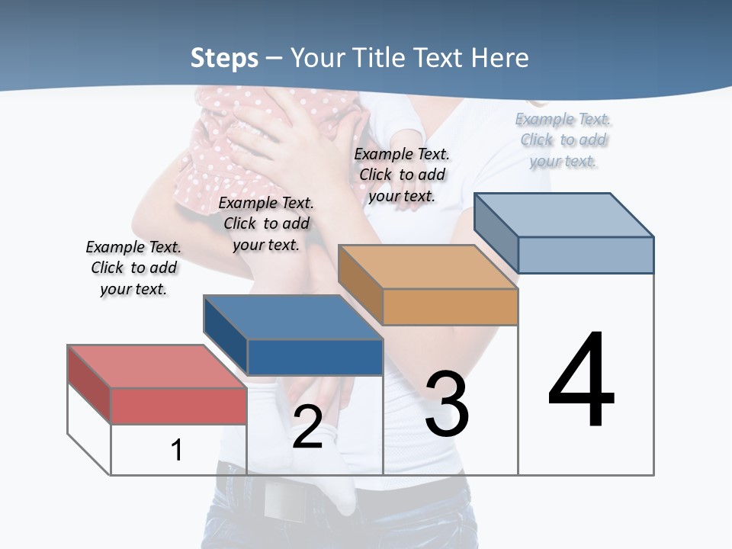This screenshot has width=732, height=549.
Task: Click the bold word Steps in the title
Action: coord(224,58)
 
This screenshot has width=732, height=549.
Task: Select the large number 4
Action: coord(581,380)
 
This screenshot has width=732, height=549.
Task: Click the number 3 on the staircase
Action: coord(447,405)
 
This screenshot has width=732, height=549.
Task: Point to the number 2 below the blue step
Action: coord(307,427)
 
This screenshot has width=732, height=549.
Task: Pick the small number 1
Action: coord(177,451)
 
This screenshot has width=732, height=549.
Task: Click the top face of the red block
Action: coord(156,366)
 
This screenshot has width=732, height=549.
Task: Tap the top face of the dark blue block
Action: coord(292,317)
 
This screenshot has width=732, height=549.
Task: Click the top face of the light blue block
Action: coord(563,215)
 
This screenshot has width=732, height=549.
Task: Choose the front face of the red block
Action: coord(178,406)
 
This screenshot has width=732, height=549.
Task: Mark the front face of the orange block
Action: coord(450,307)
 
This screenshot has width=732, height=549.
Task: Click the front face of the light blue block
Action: coord(586,255)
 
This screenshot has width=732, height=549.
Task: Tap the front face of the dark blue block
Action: coord(315,357)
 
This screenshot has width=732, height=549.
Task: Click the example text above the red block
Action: coord(133,268)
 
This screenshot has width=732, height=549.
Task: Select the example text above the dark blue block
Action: coord(266,223)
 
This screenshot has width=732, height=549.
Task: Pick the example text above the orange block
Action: coord(402,175)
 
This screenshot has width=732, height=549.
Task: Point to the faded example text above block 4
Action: coord(563,140)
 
